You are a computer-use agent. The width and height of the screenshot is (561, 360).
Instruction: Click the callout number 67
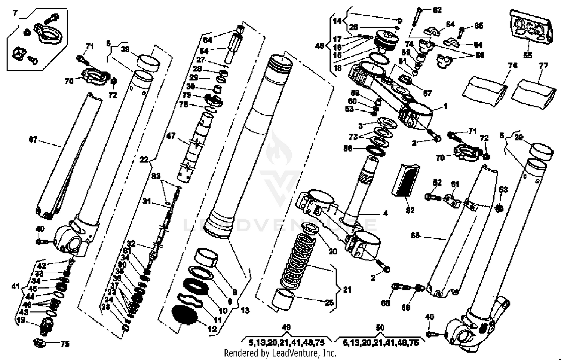(33, 140)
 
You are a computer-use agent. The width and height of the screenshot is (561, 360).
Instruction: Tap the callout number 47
(171, 137)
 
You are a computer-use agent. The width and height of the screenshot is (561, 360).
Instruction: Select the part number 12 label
(212, 330)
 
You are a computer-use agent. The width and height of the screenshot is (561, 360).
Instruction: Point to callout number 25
(329, 302)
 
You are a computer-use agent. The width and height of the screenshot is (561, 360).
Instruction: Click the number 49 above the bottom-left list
(286, 328)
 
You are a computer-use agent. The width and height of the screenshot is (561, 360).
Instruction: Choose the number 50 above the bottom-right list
(380, 328)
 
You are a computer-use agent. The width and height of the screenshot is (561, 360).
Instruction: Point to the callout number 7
(15, 13)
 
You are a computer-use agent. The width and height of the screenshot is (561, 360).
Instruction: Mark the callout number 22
(144, 160)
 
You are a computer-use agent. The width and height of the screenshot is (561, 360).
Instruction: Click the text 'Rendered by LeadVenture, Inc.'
(280, 353)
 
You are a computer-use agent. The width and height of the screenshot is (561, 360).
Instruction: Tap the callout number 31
(147, 202)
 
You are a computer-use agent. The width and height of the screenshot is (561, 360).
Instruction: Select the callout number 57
(427, 93)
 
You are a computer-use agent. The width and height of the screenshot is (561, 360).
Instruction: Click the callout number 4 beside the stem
(385, 214)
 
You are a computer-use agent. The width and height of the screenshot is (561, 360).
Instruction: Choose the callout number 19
(21, 320)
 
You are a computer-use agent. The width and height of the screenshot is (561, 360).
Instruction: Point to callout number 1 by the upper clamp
(445, 106)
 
